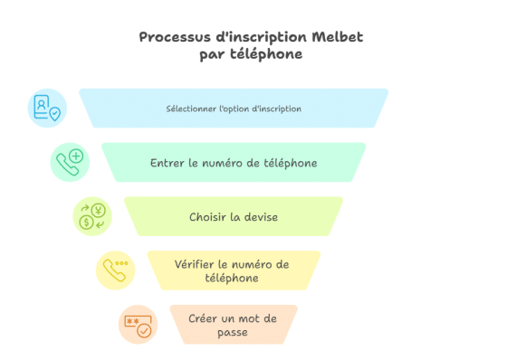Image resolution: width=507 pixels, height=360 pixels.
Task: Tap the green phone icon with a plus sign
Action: (x=70, y=163)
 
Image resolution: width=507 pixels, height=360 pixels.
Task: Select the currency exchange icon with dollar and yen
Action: (x=92, y=217)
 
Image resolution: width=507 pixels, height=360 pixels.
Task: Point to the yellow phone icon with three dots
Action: (x=115, y=270)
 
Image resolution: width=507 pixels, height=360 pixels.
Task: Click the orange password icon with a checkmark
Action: (x=138, y=324)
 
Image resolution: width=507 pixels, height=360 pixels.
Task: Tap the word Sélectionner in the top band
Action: (x=189, y=109)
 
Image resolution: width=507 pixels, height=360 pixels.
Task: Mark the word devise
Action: (x=261, y=218)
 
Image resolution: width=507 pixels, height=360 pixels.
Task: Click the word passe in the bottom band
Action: (x=233, y=332)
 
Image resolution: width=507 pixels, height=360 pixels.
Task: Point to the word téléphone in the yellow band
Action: (x=233, y=279)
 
